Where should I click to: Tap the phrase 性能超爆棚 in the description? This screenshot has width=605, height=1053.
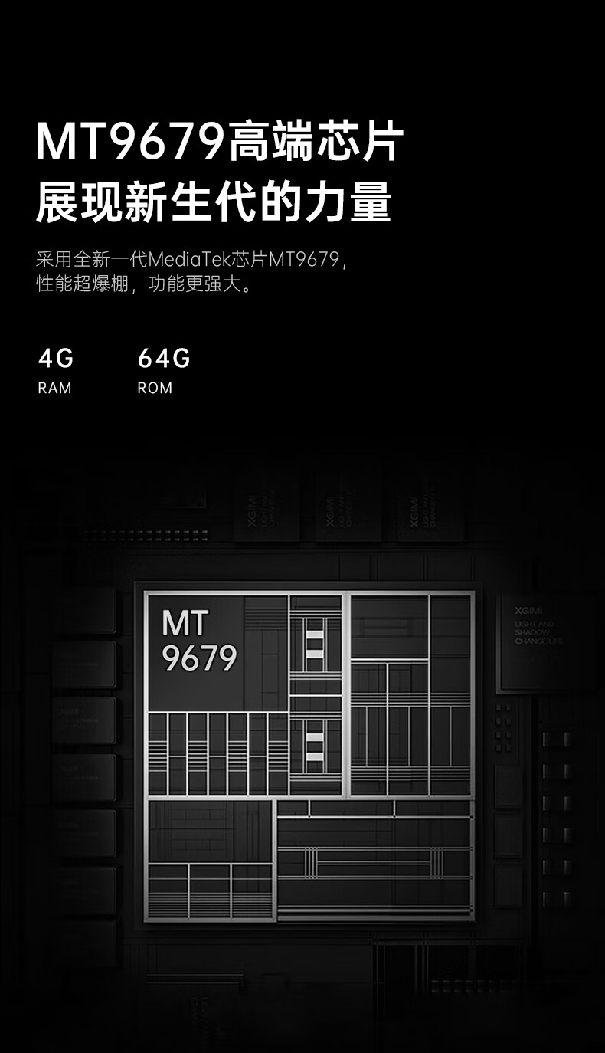82,284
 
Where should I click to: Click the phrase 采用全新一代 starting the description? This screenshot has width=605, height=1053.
92,259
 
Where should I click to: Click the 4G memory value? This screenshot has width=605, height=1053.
56,358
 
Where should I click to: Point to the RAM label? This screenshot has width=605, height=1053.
54,388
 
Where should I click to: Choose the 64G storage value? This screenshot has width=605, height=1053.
164,358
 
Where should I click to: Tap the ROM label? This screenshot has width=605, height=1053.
155,388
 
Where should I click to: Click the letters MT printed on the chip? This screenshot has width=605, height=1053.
185,624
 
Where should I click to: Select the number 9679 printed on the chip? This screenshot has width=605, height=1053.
199,658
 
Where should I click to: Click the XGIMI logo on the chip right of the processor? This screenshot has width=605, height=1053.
528,610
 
